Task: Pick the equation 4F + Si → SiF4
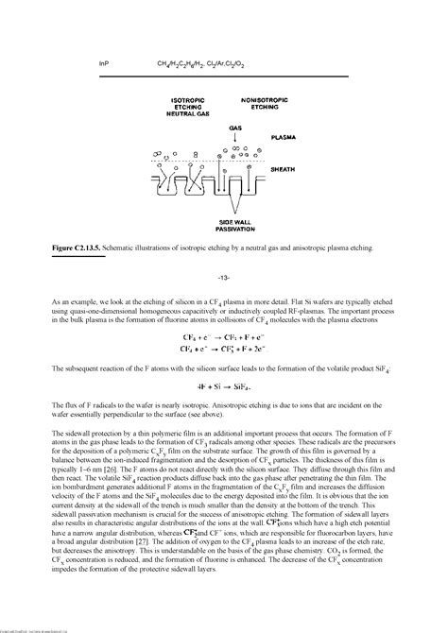pos(224,386)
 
